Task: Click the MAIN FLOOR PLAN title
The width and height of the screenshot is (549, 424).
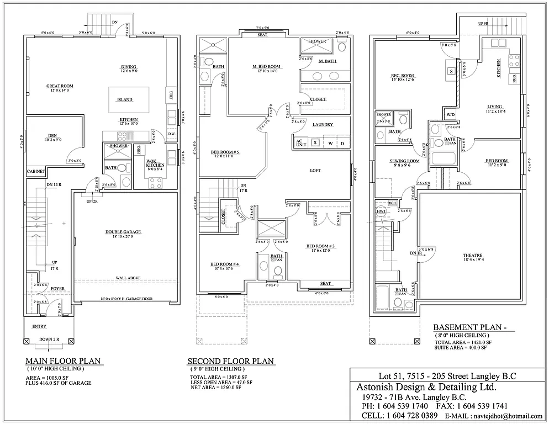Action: click(64, 361)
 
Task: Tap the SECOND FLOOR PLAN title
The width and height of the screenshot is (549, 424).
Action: click(230, 361)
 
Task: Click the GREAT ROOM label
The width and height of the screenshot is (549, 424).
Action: click(60, 86)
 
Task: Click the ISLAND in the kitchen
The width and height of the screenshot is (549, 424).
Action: click(124, 99)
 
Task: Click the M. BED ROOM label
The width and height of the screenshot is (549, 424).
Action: click(266, 67)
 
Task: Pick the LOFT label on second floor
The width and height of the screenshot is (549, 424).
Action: click(315, 171)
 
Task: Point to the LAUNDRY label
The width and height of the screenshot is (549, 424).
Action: click(323, 125)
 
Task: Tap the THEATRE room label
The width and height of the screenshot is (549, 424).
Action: click(473, 255)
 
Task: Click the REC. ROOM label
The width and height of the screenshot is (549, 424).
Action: click(403, 76)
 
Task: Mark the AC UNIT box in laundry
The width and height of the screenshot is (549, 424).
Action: click(300, 142)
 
